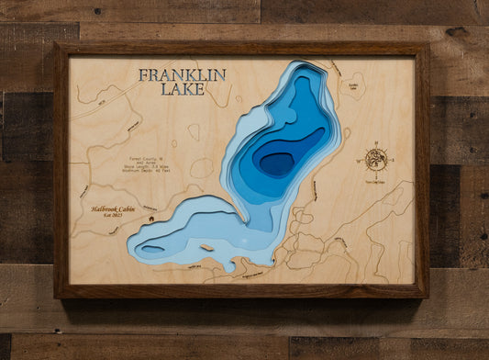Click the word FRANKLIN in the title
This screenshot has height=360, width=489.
[x=182, y=76]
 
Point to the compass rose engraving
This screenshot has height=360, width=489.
[x=376, y=159]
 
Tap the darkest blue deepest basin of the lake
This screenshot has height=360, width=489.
[x=275, y=163]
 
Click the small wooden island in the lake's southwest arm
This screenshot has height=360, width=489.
[x=206, y=246]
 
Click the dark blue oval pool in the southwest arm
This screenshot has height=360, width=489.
[x=152, y=247]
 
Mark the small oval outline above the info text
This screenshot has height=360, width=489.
[x=194, y=131]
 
